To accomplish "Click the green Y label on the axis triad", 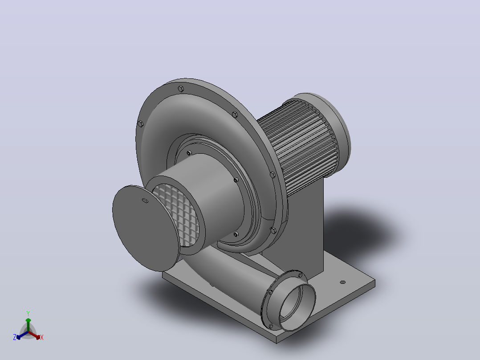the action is point(28,313).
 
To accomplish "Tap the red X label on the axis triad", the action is point(42,337).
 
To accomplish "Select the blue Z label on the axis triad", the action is point(15,337).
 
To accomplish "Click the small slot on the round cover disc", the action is point(145,200).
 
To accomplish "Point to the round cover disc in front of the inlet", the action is point(146,228).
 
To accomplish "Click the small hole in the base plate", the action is point(342,282).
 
